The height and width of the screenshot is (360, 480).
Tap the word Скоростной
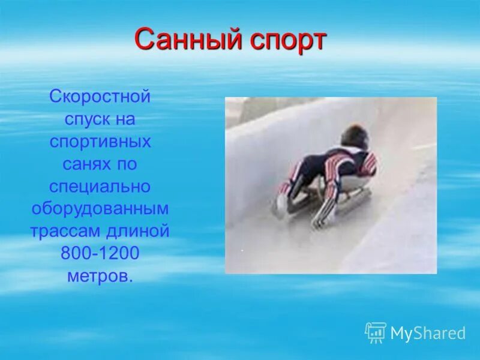click(x=100, y=97)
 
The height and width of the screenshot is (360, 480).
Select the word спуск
click(x=83, y=119)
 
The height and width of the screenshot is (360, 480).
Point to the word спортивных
click(x=100, y=142)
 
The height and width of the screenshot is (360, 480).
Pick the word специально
click(x=100, y=187)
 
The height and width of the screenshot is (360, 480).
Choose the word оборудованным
click(x=100, y=209)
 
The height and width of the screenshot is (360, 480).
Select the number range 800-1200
click(x=100, y=254)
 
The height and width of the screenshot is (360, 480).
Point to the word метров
click(x=100, y=276)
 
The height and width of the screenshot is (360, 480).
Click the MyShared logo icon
click(x=376, y=332)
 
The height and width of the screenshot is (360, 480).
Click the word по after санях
click(x=126, y=164)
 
